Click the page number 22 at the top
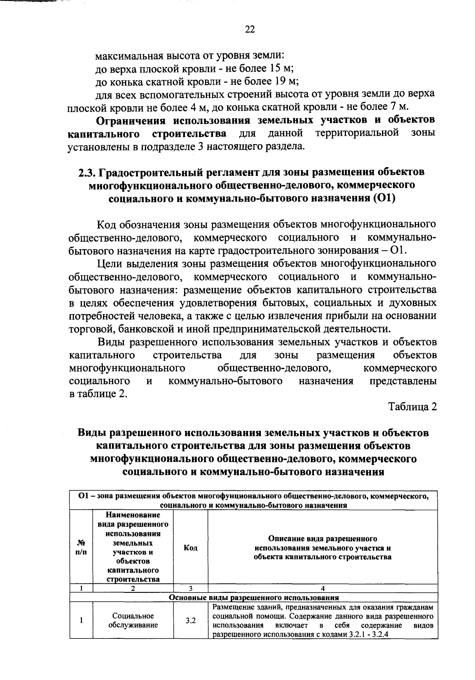tap(250, 29)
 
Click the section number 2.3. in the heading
tap(87, 173)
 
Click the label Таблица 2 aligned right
tap(412, 407)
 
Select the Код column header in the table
tap(191, 548)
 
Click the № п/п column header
tap(81, 548)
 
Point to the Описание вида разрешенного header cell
tap(323, 548)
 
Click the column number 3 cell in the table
tap(191, 589)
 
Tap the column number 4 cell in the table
tap(323, 589)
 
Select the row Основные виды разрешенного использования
tap(253, 597)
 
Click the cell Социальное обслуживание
tap(133, 621)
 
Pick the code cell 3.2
tap(191, 621)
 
